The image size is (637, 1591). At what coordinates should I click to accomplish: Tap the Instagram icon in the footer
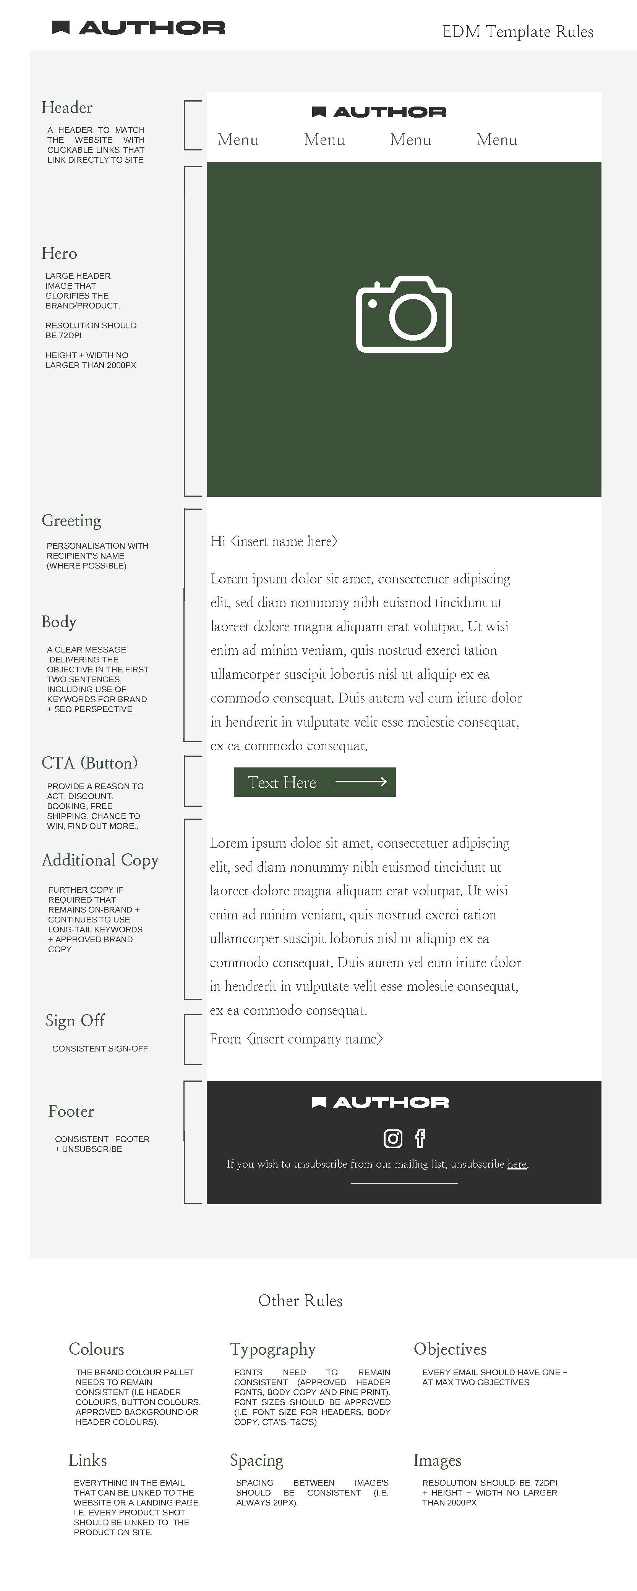[x=393, y=1138]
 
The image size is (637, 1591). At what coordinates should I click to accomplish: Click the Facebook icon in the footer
[x=420, y=1138]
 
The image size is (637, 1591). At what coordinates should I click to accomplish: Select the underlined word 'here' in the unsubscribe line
[x=517, y=1164]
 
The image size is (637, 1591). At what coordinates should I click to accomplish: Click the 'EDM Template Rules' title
[x=518, y=31]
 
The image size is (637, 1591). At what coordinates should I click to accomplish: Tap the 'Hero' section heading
[x=59, y=253]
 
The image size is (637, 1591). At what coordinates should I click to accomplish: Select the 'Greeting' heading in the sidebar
[x=71, y=521]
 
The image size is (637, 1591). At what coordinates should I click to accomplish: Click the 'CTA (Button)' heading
[x=89, y=763]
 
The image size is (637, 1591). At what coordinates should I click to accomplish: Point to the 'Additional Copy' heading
[x=100, y=860]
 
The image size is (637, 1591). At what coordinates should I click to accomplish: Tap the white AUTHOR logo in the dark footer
[x=381, y=1102]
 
